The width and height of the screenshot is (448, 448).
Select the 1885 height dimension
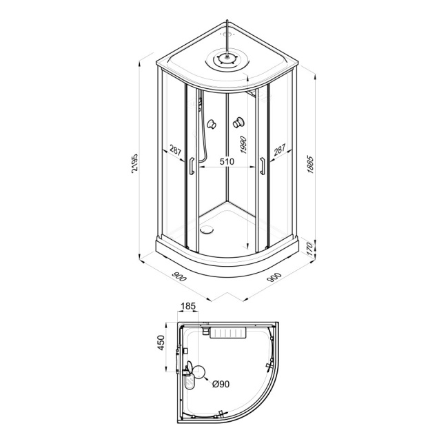pyautogui.click(x=311, y=165)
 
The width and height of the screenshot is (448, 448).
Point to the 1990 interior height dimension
pyautogui.click(x=243, y=145)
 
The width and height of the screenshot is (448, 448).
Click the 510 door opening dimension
pyautogui.click(x=227, y=161)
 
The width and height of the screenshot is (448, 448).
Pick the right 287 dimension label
pyautogui.click(x=279, y=150)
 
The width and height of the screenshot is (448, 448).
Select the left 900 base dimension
pyautogui.click(x=179, y=276)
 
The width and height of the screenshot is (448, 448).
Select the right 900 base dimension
pyautogui.click(x=274, y=277)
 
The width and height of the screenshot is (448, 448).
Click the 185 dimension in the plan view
pyautogui.click(x=188, y=306)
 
